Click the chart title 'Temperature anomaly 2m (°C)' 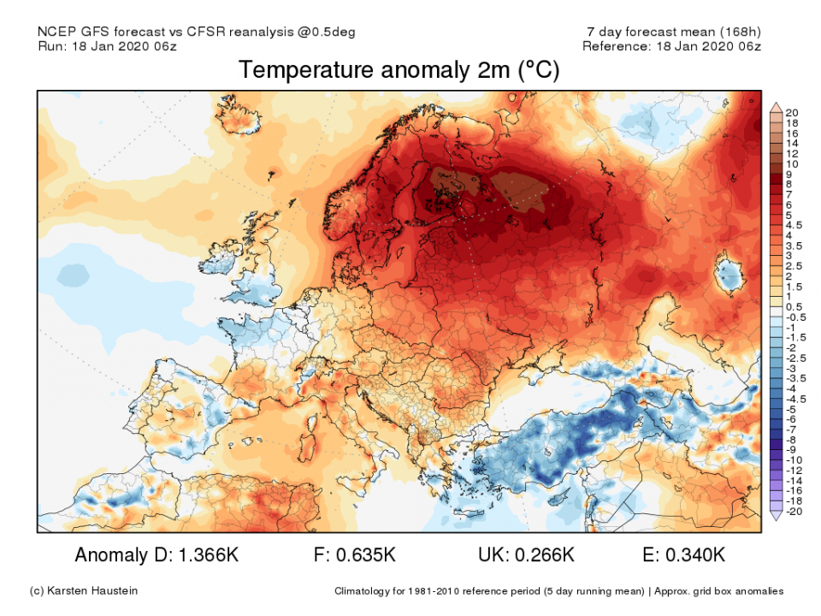tap(399, 70)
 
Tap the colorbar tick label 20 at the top tap(791, 113)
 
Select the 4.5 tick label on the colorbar tap(794, 225)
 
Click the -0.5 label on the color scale tap(794, 317)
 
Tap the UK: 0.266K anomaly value tap(526, 555)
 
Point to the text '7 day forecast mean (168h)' tap(670, 32)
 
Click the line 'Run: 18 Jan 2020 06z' tap(107, 46)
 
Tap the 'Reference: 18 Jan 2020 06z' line tap(671, 46)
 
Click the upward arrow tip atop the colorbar tap(777, 106)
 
